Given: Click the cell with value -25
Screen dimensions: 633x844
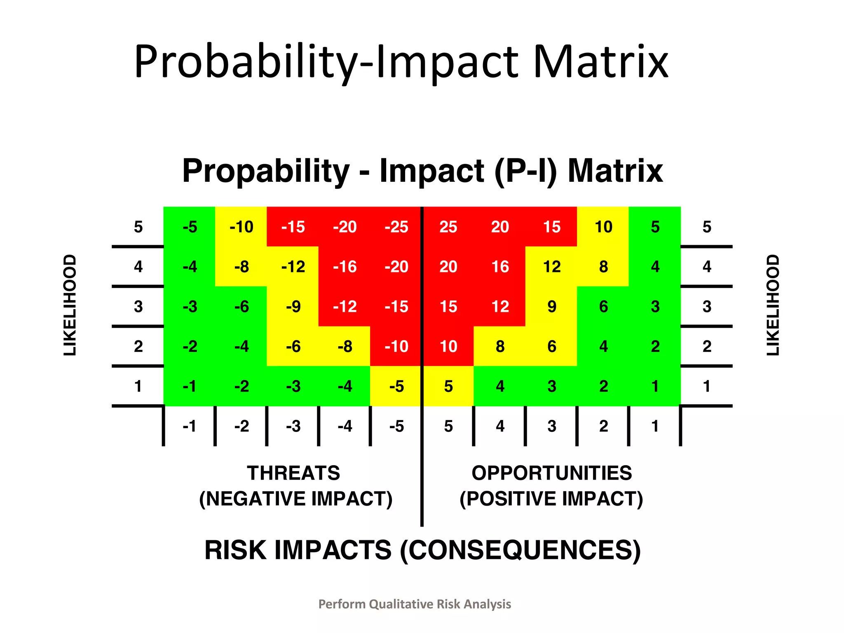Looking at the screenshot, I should click(x=396, y=227).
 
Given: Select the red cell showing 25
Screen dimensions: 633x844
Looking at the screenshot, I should click(x=448, y=227).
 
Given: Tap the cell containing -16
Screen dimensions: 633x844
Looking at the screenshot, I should click(x=345, y=267).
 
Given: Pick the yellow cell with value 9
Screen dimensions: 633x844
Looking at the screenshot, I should click(x=552, y=307).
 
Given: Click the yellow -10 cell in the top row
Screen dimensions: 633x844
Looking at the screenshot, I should click(x=241, y=227).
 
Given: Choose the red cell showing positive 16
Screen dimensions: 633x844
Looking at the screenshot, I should click(x=500, y=267).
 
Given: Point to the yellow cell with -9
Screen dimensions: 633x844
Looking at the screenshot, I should click(x=293, y=307).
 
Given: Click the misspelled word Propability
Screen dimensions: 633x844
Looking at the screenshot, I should click(x=266, y=171).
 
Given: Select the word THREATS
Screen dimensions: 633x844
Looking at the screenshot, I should click(x=293, y=473).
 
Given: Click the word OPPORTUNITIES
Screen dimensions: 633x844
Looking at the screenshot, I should click(x=551, y=473).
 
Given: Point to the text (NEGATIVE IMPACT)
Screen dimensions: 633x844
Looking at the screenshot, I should click(x=295, y=499).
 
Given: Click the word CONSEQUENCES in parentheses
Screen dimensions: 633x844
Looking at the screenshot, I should click(x=520, y=551).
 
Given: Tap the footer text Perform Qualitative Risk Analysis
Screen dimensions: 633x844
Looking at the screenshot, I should click(x=415, y=604).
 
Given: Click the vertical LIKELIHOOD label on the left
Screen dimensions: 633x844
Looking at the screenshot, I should click(x=70, y=305).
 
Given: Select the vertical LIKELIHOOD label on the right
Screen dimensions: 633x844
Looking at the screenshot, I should click(x=773, y=305).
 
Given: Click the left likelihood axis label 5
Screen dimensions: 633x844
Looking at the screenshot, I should click(x=138, y=227).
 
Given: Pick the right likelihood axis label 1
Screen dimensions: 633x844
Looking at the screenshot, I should click(x=706, y=387).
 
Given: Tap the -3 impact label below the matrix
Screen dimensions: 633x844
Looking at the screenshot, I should click(x=293, y=426).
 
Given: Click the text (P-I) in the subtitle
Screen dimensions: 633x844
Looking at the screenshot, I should click(x=525, y=171).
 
